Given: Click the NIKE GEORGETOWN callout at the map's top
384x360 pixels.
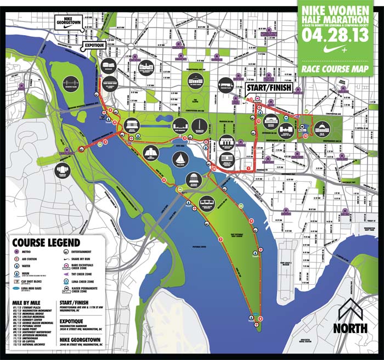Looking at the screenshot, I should click(x=69, y=22).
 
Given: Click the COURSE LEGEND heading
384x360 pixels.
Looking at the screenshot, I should click(x=47, y=242).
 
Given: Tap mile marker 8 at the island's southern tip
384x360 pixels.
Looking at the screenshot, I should click(x=261, y=319).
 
